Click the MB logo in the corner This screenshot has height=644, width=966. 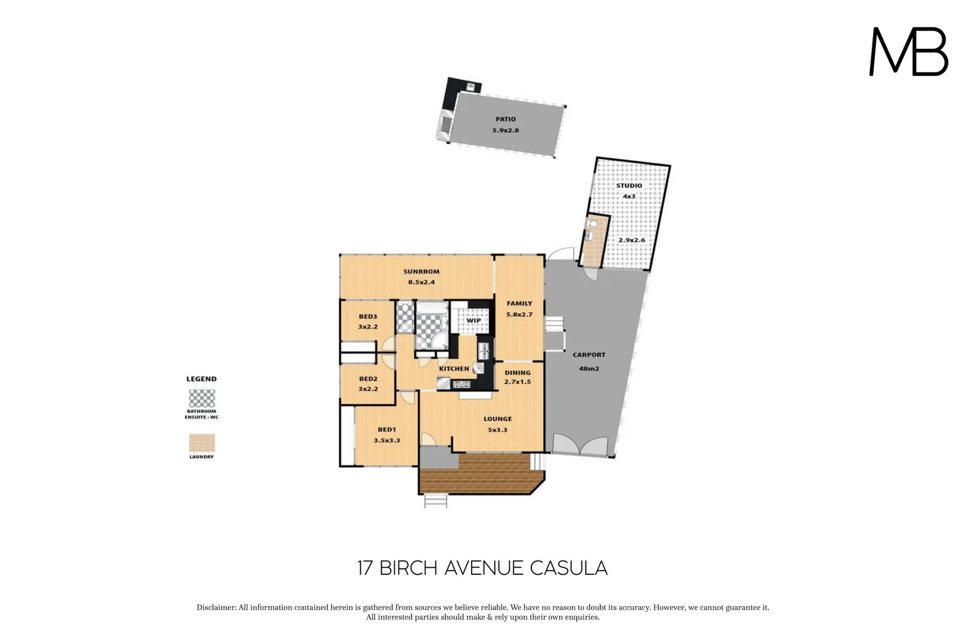click(908, 52)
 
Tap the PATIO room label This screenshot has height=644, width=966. click(506, 119)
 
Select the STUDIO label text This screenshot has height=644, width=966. click(629, 185)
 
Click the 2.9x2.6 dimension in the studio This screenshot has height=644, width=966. click(631, 240)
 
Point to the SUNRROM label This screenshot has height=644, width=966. click(421, 272)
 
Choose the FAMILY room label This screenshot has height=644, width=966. click(519, 304)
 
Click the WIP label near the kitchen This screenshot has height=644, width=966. click(473, 321)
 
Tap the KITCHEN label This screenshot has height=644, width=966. click(454, 369)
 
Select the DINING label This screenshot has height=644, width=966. click(517, 373)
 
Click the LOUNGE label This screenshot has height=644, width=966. click(497, 419)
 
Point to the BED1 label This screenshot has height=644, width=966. click(386, 429)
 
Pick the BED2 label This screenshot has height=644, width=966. click(368, 379)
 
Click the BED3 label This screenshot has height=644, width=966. click(368, 317)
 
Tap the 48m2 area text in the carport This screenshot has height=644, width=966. click(589, 369)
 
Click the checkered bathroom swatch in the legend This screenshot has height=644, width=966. click(202, 398)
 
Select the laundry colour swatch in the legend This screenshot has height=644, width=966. click(202, 443)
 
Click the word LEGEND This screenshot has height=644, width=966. click(202, 379)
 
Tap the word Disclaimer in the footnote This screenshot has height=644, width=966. click(216, 608)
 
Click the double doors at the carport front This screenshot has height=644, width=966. click(580, 446)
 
